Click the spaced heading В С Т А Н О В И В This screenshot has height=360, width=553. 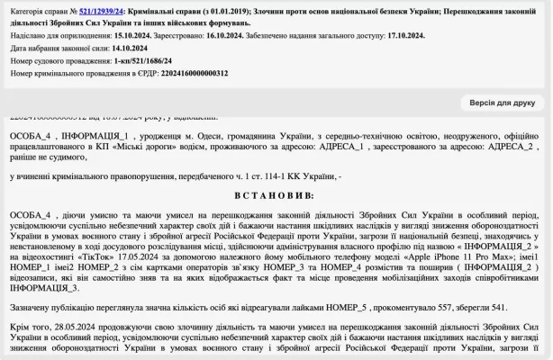point(276,194)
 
